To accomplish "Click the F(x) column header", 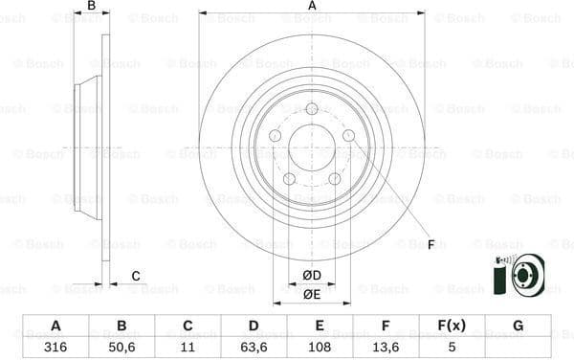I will point(452,326).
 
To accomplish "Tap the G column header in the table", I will point(518,326).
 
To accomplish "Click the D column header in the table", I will point(254,326).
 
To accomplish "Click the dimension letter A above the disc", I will point(312,6).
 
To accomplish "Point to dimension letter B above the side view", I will point(92,6).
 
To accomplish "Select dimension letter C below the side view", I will point(136,276).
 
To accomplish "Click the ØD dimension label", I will point(312,276).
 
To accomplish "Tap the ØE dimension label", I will point(312,294).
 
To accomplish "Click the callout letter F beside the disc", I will point(430,245).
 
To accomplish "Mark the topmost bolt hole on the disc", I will point(312,109).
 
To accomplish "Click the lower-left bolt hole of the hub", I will point(289,179).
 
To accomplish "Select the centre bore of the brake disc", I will point(312,148).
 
